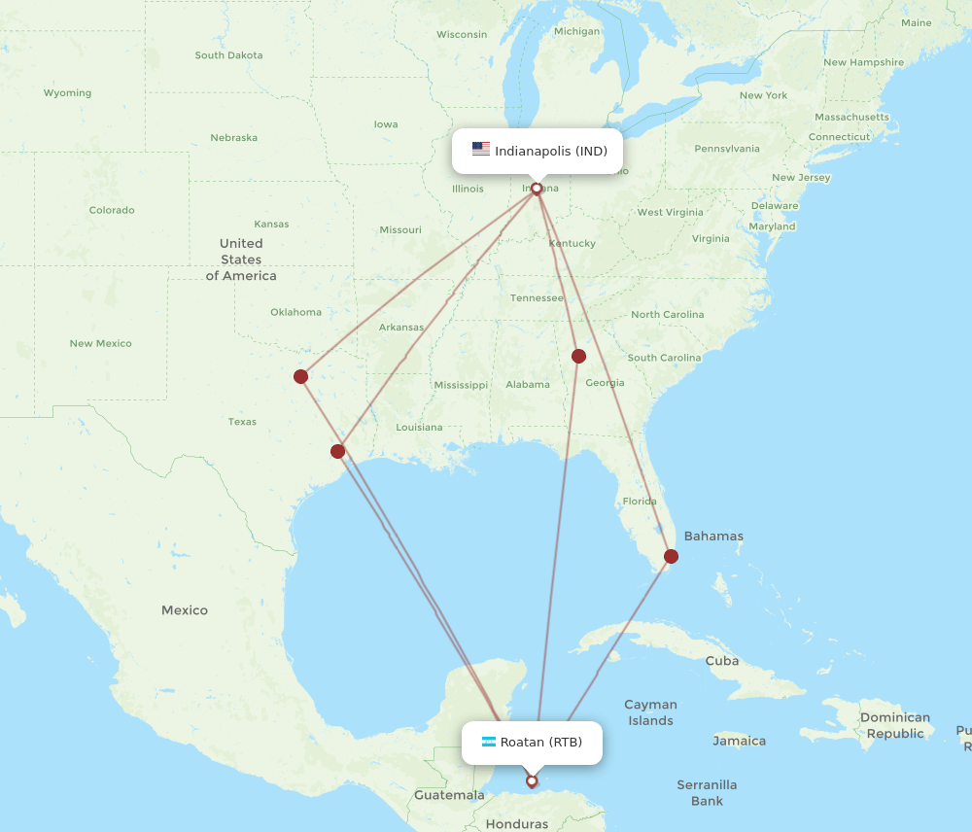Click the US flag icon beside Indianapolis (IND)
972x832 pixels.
[x=481, y=150]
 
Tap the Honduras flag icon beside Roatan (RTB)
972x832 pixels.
[x=488, y=743]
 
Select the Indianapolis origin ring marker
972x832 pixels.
[x=537, y=189]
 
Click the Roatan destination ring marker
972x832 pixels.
[x=532, y=780]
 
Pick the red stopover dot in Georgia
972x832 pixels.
[x=578, y=356]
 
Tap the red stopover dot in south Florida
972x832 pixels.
[x=671, y=556]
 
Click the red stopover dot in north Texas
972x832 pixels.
[x=301, y=376]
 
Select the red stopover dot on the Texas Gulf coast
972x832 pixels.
[x=337, y=451]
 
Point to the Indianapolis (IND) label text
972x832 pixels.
[x=550, y=151]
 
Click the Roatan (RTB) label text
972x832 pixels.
[x=540, y=743]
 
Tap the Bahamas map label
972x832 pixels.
[x=713, y=536]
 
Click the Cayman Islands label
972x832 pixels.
[x=650, y=712]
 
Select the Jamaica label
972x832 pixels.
[x=739, y=741]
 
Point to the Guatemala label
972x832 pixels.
[x=449, y=795]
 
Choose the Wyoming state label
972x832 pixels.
[x=67, y=93]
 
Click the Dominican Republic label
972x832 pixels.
[x=894, y=725]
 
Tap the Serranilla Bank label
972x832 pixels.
[x=707, y=792]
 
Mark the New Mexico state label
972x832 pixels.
[x=100, y=343]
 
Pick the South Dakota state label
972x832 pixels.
[x=228, y=55]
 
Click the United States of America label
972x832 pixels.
[x=241, y=260]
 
